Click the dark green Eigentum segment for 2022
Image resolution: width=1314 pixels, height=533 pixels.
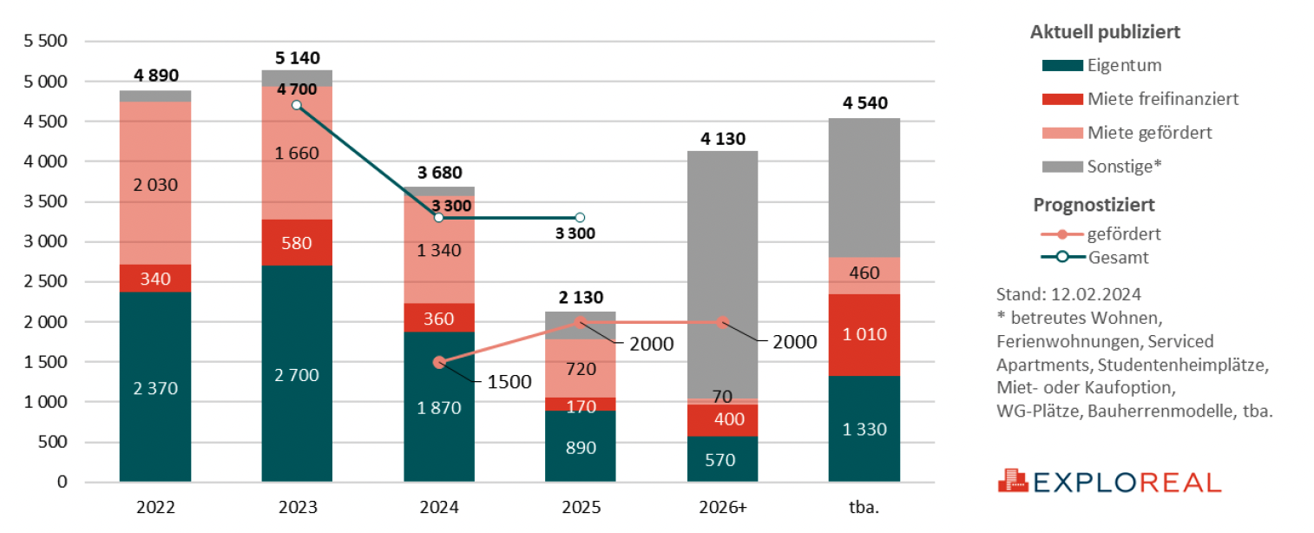(x=155, y=387)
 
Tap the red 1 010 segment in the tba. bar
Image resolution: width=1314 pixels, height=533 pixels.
(x=864, y=334)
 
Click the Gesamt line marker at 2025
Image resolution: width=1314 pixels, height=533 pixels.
(x=581, y=218)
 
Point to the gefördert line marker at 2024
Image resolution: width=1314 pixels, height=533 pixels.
(x=439, y=362)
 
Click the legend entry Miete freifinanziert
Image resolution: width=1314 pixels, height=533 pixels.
(x=1163, y=99)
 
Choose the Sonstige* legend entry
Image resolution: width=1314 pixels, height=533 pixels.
(x=1124, y=166)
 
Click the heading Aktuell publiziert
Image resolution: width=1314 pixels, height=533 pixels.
(x=1105, y=32)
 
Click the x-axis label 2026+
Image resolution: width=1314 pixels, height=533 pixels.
(x=722, y=507)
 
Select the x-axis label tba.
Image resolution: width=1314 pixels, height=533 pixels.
(x=864, y=507)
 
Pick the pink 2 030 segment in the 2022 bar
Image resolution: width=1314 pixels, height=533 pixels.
(x=155, y=183)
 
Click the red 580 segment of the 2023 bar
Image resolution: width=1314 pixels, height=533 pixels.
(x=297, y=242)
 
